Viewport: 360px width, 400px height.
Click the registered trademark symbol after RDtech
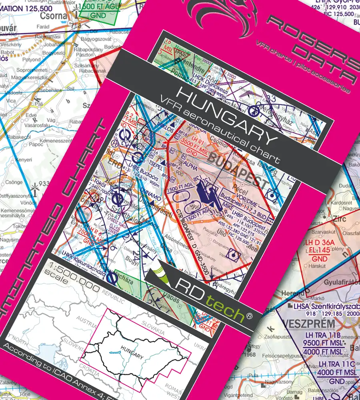(249, 316)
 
